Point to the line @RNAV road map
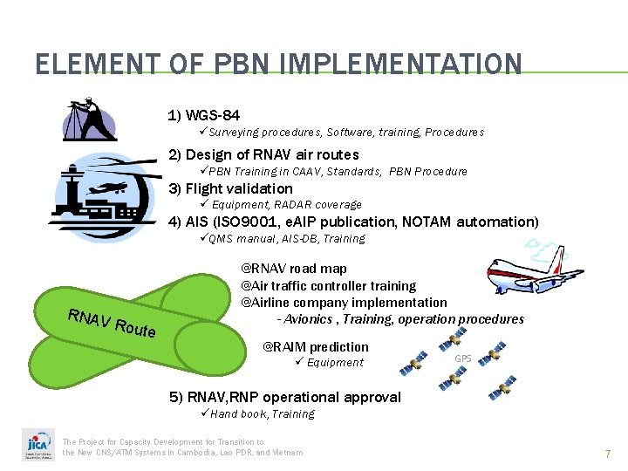pos(293,269)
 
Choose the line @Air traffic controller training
pos(328,285)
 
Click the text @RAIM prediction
pos(315,346)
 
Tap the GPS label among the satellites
pos(463,358)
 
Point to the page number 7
pos(608,454)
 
